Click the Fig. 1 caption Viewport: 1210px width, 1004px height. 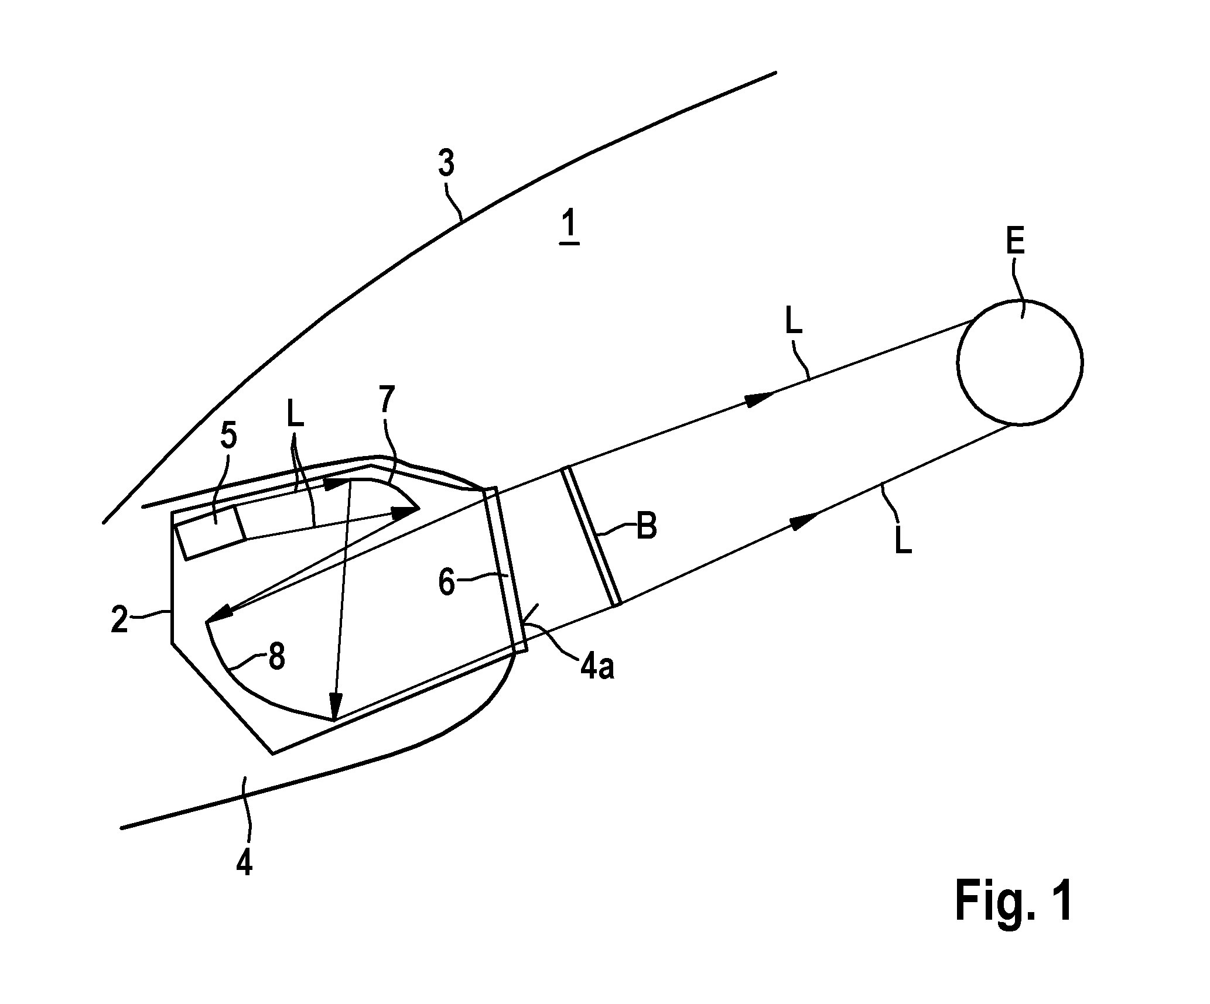(x=1014, y=902)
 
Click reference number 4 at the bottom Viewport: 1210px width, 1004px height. (x=244, y=861)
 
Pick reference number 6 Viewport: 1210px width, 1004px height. (x=447, y=584)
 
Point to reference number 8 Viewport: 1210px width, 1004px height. (x=276, y=657)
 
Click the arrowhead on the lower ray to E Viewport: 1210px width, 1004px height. (x=804, y=520)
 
